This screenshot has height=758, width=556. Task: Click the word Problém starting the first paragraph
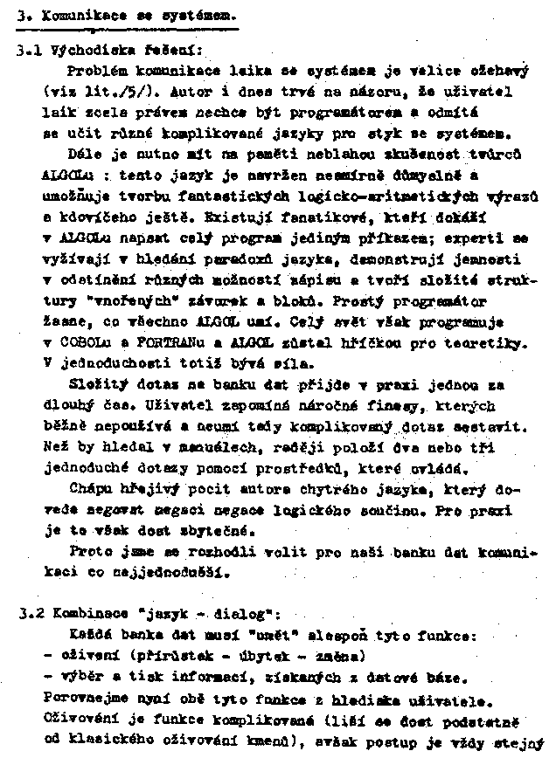[x=94, y=71]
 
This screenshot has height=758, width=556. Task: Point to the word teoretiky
[x=486, y=341]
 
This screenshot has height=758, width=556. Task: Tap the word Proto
[x=90, y=553]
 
